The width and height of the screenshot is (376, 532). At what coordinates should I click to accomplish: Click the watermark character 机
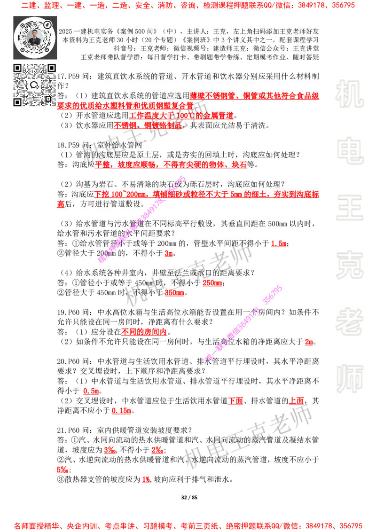(349, 94)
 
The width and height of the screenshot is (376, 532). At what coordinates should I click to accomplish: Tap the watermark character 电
(351, 150)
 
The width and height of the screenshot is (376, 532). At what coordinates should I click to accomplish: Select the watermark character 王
(349, 209)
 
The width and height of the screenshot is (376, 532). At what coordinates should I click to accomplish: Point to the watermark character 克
(349, 265)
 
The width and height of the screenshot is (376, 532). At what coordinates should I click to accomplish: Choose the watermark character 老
(349, 321)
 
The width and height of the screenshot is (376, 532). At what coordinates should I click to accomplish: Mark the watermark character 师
(349, 380)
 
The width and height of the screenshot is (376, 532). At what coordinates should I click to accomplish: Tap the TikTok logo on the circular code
(48, 23)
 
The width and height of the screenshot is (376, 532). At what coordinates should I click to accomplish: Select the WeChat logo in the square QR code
(34, 85)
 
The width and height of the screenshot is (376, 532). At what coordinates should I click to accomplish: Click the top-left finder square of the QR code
(17, 68)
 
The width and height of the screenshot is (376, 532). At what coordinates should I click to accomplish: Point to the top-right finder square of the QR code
(51, 68)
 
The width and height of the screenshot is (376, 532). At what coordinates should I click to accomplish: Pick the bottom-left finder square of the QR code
(17, 102)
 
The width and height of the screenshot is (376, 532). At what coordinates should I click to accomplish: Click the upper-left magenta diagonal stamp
(142, 219)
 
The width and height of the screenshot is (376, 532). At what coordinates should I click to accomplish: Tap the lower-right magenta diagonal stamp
(244, 322)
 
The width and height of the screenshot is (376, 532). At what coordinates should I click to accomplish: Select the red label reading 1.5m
(279, 243)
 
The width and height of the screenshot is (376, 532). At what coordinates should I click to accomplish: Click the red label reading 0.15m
(121, 411)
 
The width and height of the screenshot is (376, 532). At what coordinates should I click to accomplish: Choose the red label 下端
(235, 401)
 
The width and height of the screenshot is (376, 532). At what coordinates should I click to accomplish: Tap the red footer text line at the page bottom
(188, 525)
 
